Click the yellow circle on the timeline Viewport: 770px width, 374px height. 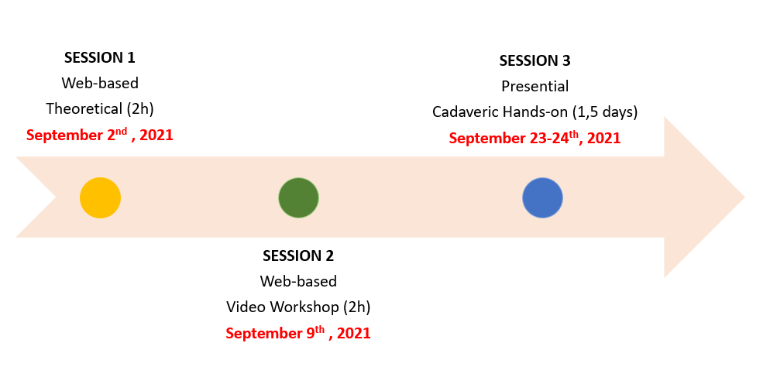[x=100, y=197]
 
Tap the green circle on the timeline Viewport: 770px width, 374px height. [x=298, y=197]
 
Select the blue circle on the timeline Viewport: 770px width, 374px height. [x=542, y=197]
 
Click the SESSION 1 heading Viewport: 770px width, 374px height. [x=100, y=58]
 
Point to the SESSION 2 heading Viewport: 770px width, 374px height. [x=298, y=256]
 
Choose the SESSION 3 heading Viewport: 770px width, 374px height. [x=535, y=61]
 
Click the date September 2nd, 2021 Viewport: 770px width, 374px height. [x=100, y=135]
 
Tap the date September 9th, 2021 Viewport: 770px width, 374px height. [x=298, y=333]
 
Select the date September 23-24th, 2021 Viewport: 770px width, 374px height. [x=535, y=137]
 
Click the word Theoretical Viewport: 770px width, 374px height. [x=84, y=109]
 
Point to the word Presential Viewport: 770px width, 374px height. [x=535, y=87]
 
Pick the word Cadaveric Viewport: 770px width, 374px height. [x=463, y=112]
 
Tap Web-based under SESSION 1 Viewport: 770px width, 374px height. [x=100, y=83]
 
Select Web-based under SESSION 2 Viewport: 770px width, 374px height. [x=298, y=281]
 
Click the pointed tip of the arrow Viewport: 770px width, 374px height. [x=744, y=197]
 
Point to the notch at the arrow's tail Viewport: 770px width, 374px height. [x=56, y=197]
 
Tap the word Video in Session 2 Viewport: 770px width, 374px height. [x=246, y=307]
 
